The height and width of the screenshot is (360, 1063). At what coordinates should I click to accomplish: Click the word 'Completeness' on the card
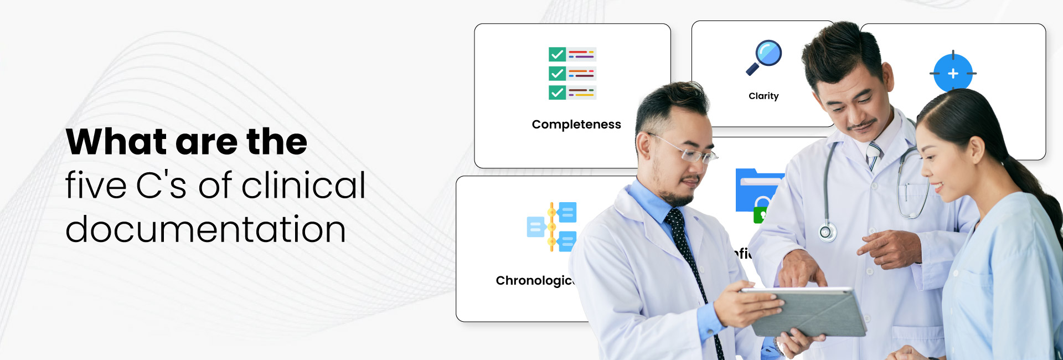(x=576, y=125)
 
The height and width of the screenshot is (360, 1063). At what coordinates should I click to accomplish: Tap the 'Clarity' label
(x=763, y=96)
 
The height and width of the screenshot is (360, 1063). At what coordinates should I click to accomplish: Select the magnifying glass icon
(x=764, y=57)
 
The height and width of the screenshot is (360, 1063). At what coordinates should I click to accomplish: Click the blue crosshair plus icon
(x=952, y=73)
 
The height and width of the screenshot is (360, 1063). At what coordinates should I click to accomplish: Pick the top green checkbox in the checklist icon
(x=557, y=54)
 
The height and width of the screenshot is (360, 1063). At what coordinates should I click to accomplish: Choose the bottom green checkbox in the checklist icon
(x=557, y=92)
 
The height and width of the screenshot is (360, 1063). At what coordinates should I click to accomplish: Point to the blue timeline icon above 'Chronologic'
(x=551, y=227)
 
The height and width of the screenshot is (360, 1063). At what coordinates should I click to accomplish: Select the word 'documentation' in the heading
(x=205, y=229)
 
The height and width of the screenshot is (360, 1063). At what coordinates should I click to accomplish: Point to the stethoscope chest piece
(x=827, y=232)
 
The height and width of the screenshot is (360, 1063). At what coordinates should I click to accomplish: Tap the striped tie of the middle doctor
(x=873, y=156)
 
